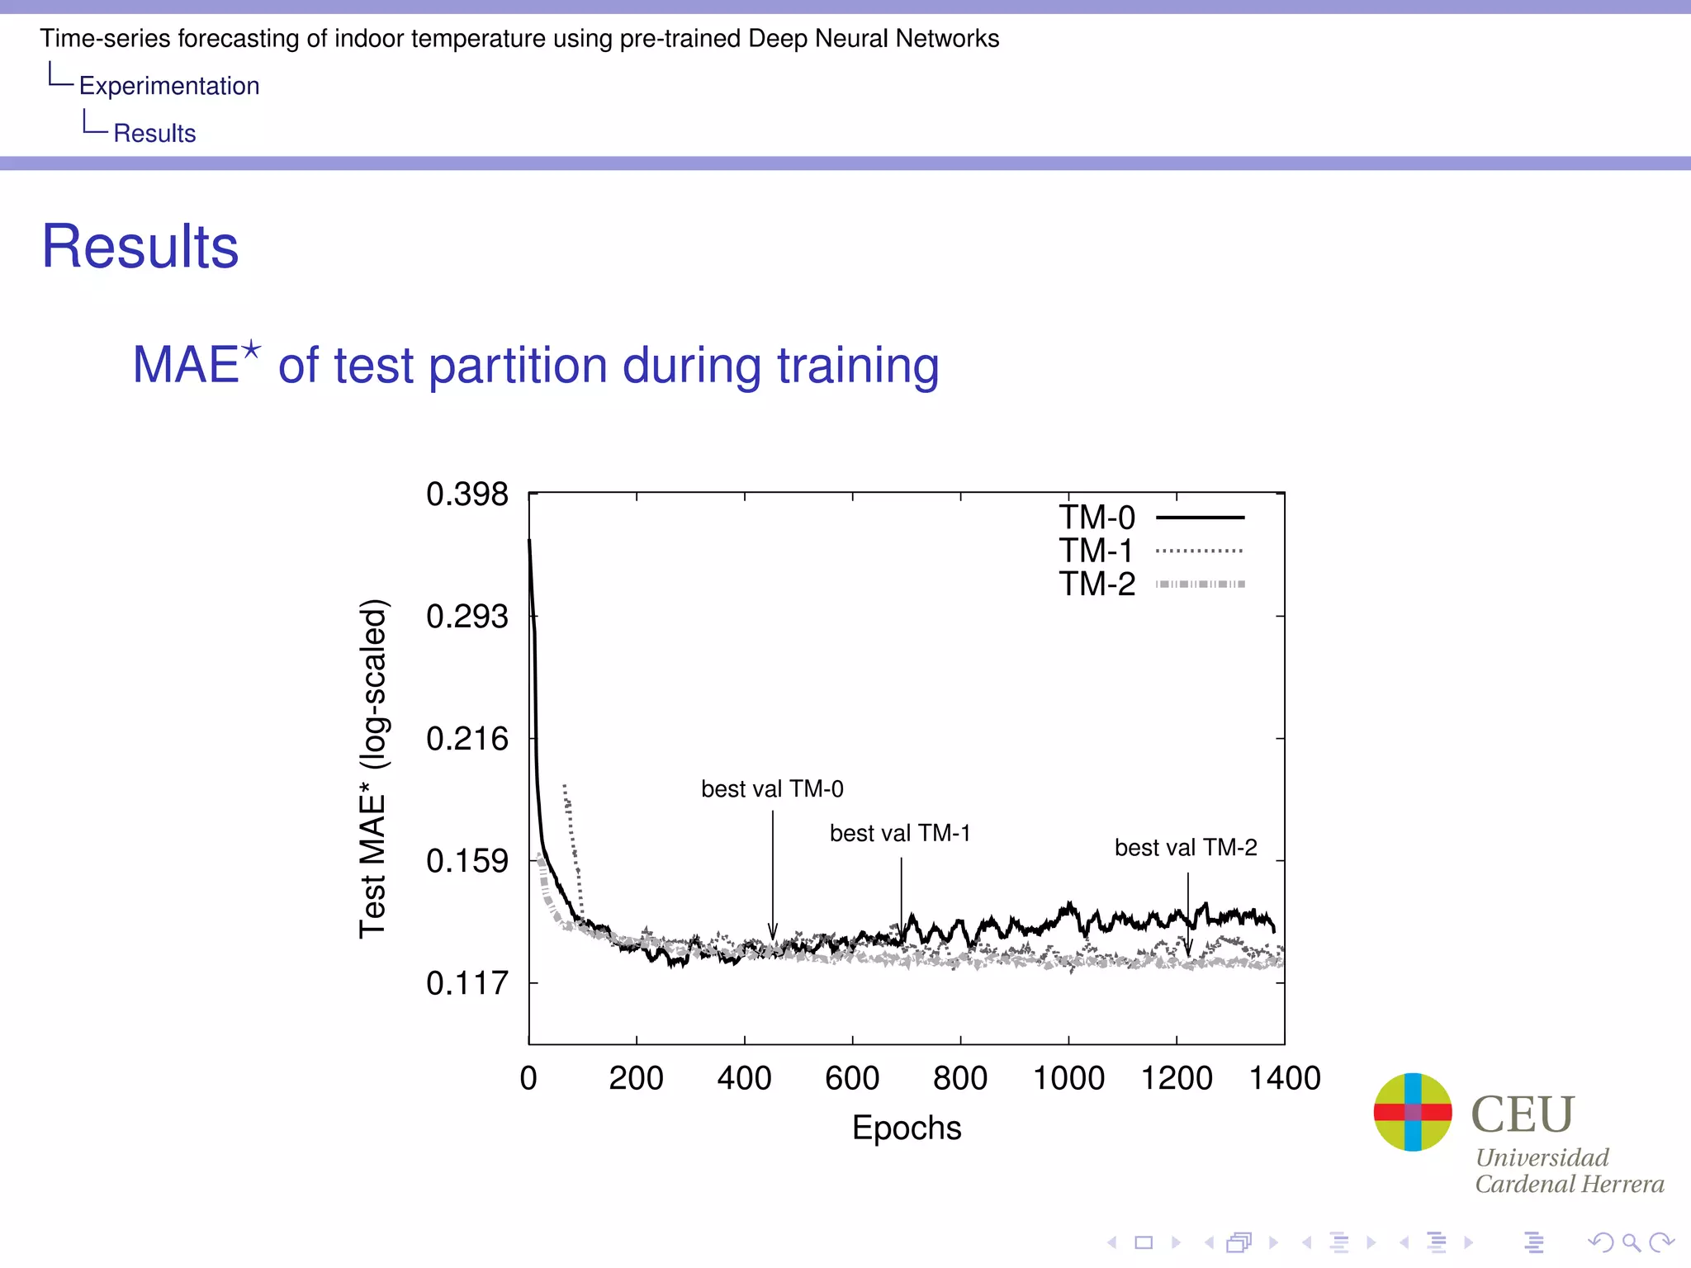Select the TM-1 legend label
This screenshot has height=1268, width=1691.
tap(1097, 551)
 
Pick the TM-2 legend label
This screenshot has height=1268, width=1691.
tap(1097, 584)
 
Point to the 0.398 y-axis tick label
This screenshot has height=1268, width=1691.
tap(467, 494)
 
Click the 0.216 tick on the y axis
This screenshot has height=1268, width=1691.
tap(467, 739)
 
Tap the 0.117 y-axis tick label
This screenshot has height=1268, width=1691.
tap(467, 983)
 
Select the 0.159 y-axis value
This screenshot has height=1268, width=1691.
tap(467, 861)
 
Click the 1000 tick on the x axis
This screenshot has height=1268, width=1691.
tap(1068, 1078)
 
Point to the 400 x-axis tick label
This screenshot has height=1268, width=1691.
tap(744, 1078)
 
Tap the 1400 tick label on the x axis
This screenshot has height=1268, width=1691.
tap(1284, 1078)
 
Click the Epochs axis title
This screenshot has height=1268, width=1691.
tap(907, 1128)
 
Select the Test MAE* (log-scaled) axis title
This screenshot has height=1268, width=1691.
tap(373, 768)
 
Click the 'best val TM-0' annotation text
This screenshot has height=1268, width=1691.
tap(772, 789)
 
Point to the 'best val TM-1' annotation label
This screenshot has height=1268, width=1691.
tap(900, 833)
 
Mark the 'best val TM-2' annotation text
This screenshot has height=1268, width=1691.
tap(1186, 848)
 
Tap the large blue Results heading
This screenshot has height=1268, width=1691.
tap(140, 247)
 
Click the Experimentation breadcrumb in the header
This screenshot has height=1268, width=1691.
tap(169, 86)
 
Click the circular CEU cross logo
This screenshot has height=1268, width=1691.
tap(1413, 1112)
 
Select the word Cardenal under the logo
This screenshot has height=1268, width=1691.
tap(1516, 1185)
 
